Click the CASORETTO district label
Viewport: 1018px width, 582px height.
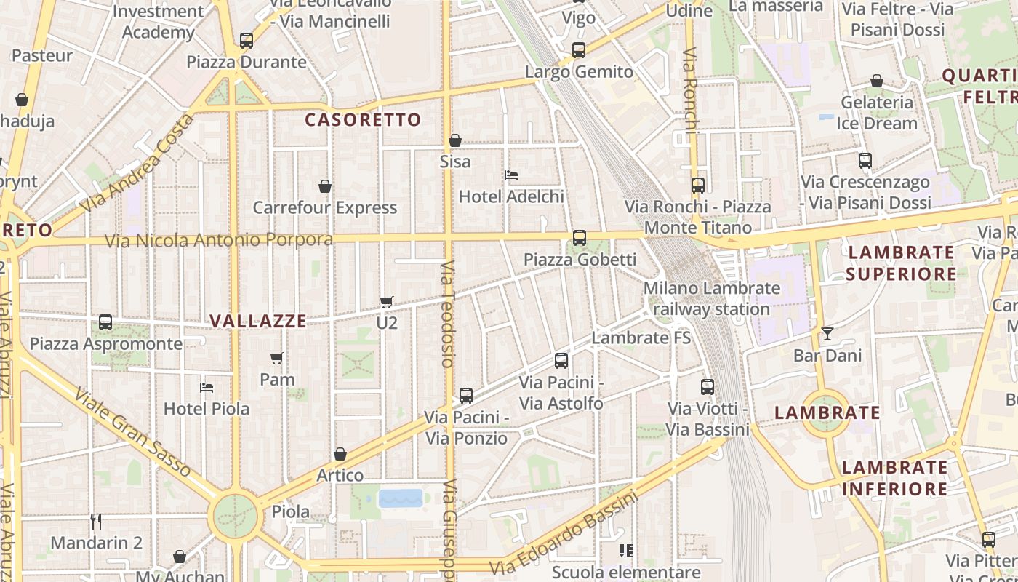(363, 120)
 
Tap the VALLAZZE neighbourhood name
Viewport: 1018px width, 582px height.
(257, 321)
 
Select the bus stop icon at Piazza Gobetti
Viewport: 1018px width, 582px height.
(579, 238)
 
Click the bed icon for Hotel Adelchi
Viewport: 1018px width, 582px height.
(511, 175)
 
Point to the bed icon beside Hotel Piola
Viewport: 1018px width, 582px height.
(207, 388)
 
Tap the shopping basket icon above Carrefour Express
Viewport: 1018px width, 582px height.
(325, 187)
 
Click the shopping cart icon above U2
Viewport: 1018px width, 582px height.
(387, 302)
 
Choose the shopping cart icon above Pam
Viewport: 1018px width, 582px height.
(277, 358)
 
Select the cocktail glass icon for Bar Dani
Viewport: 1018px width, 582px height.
(827, 334)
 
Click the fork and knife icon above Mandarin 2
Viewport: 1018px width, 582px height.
(96, 521)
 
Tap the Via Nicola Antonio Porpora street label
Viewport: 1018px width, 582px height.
(219, 240)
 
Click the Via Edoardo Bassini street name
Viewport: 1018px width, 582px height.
(564, 533)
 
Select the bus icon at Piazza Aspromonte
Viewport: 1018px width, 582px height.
(105, 322)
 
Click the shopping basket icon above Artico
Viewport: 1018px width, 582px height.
(340, 455)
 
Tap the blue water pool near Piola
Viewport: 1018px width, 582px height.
(400, 498)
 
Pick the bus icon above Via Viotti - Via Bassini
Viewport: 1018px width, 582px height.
(708, 387)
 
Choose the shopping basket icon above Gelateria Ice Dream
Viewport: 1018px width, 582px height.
(877, 81)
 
